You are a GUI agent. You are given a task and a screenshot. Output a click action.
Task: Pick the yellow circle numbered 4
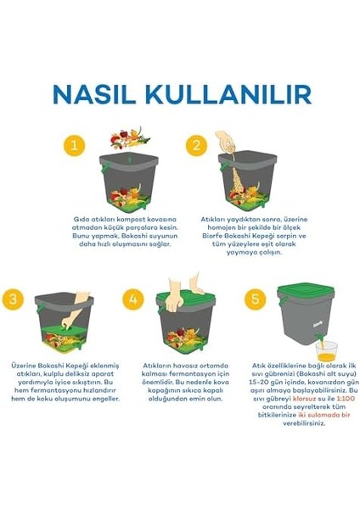[x=134, y=299]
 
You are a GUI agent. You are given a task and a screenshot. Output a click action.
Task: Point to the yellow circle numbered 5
[x=255, y=299]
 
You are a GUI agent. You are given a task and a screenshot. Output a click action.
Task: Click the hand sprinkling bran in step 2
[x=224, y=140]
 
